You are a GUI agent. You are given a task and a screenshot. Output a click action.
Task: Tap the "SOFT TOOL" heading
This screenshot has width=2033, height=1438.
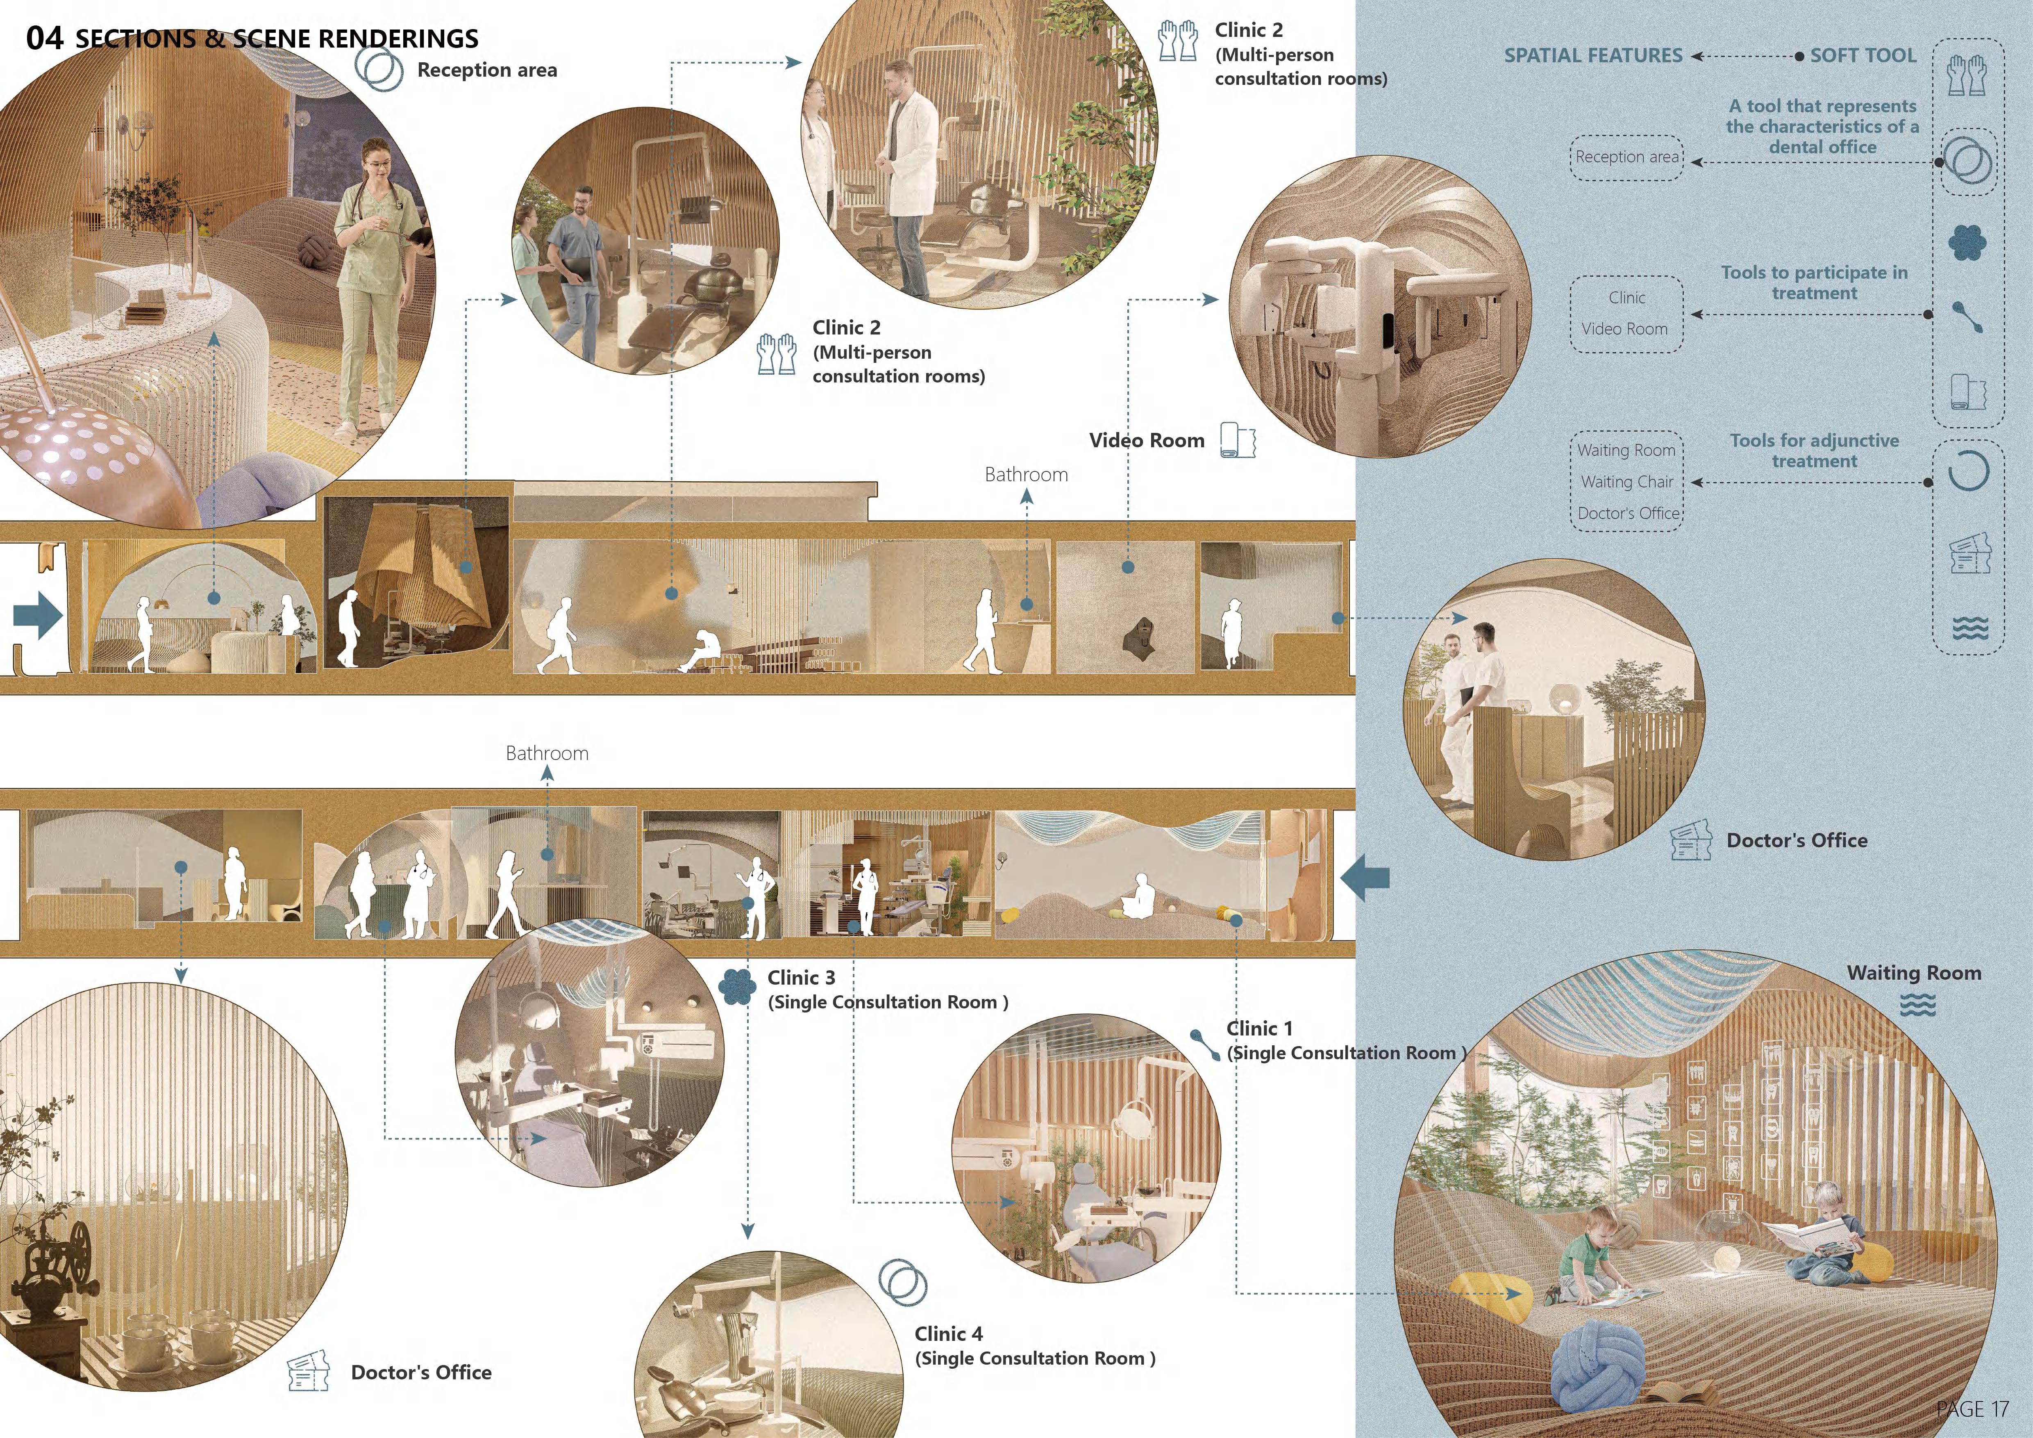pyautogui.click(x=1863, y=56)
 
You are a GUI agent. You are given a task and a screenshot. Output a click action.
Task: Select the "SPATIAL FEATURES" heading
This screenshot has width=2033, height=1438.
pyautogui.click(x=1593, y=56)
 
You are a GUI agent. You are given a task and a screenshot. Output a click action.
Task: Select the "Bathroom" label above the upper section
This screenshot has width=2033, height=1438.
pyautogui.click(x=1026, y=475)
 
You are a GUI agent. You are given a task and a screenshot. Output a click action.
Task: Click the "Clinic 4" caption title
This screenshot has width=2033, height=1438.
pyautogui.click(x=948, y=1333)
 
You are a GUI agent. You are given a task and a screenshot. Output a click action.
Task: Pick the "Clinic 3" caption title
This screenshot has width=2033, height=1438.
pyautogui.click(x=800, y=978)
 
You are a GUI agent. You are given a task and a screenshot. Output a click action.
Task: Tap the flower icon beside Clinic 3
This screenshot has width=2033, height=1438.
pyautogui.click(x=736, y=986)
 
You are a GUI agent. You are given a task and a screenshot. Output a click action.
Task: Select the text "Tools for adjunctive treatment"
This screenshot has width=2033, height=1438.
pyautogui.click(x=1814, y=451)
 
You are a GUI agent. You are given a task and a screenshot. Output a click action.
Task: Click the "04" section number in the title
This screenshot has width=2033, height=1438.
pyautogui.click(x=44, y=38)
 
